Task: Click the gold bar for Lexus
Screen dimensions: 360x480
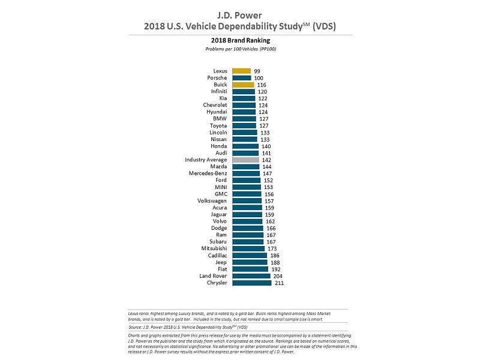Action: tap(241, 71)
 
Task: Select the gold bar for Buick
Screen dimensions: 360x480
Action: tap(243, 85)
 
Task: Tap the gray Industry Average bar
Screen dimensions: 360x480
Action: tap(245, 160)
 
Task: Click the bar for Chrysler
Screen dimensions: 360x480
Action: tap(252, 283)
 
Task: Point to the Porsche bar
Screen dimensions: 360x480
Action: tap(241, 78)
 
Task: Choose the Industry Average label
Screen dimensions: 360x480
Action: tap(206, 160)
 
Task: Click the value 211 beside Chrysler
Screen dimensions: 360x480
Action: tap(279, 283)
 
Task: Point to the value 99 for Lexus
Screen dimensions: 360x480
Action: tap(257, 71)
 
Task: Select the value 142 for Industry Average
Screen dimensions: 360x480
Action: tap(266, 160)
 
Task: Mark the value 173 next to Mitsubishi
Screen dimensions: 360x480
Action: tap(272, 248)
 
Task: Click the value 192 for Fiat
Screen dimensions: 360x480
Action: tap(276, 269)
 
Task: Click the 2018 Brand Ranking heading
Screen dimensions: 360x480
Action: tap(240, 41)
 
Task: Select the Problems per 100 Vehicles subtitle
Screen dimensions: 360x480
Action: tap(240, 49)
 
